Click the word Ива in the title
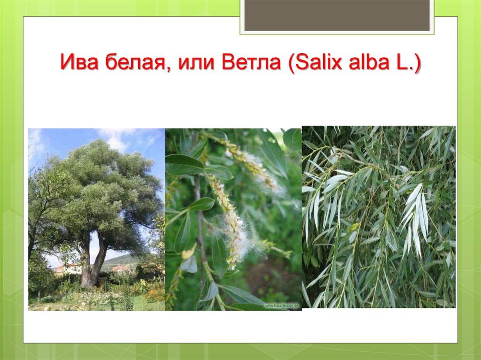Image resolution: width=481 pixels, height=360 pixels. coord(79,61)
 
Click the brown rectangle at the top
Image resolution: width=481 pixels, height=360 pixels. coord(337,15)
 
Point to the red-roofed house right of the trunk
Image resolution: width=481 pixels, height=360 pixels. coord(120,269)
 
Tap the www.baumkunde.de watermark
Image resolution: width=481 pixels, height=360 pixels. coord(282,306)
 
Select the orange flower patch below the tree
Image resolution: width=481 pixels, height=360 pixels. coord(155,295)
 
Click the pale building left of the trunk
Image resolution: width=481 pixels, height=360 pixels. coord(69,269)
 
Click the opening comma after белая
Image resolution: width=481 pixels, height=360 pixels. coord(171,69)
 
